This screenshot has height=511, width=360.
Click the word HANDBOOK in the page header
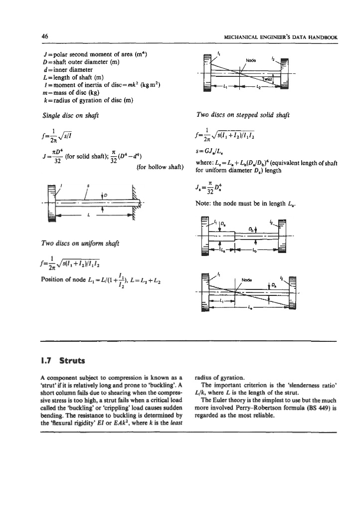pos(321,37)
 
